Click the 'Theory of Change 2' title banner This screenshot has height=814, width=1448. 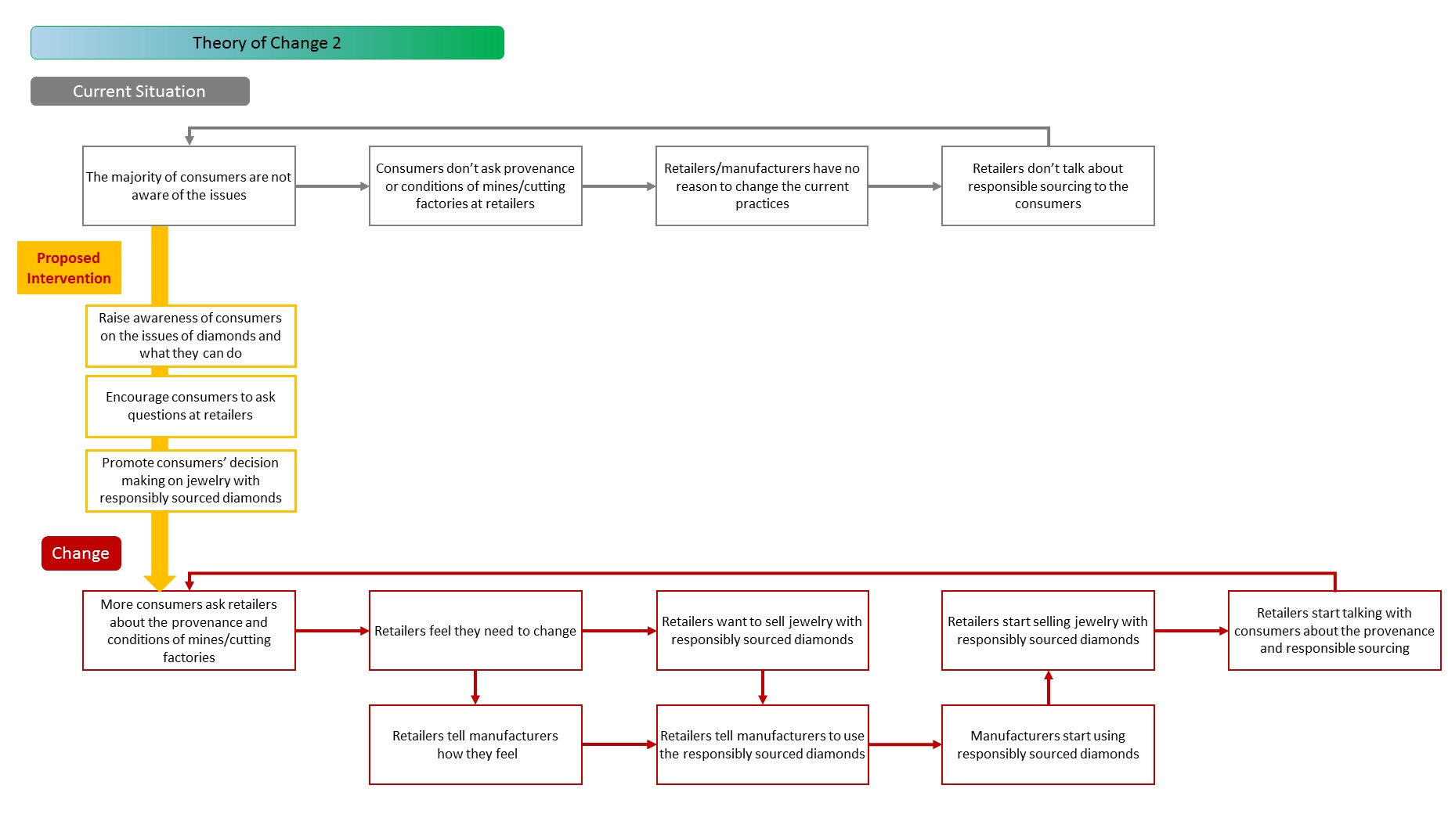pyautogui.click(x=267, y=42)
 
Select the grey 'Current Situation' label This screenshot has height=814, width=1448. pyautogui.click(x=140, y=91)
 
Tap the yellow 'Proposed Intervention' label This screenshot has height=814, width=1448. pyautogui.click(x=69, y=268)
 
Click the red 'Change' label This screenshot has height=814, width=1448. pyautogui.click(x=81, y=553)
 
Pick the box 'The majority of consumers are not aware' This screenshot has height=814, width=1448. pyautogui.click(x=189, y=186)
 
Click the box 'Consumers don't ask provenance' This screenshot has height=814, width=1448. pyautogui.click(x=475, y=186)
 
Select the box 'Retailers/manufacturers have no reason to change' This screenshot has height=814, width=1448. pyautogui.click(x=762, y=186)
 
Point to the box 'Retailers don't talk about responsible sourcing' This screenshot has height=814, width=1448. pyautogui.click(x=1048, y=186)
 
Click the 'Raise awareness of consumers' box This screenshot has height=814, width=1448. pyautogui.click(x=190, y=336)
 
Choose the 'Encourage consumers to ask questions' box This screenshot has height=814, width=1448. pyautogui.click(x=190, y=406)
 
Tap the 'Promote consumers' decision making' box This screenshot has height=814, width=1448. pyautogui.click(x=190, y=481)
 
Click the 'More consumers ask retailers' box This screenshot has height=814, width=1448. pyautogui.click(x=189, y=630)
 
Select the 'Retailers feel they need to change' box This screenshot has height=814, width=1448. pyautogui.click(x=475, y=630)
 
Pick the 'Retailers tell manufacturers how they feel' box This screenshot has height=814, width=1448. pyautogui.click(x=475, y=744)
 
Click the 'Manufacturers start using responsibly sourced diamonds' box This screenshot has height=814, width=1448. pyautogui.click(x=1048, y=744)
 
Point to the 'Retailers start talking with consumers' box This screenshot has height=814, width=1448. pyautogui.click(x=1334, y=630)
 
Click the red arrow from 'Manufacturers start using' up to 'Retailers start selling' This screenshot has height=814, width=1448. pyautogui.click(x=1049, y=687)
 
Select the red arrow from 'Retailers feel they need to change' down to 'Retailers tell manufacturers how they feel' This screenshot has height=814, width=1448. pyautogui.click(x=475, y=687)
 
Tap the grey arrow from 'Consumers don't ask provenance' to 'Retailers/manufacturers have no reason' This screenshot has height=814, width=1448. pyautogui.click(x=619, y=186)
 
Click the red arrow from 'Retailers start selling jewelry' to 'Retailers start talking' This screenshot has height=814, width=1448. pyautogui.click(x=1191, y=631)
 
